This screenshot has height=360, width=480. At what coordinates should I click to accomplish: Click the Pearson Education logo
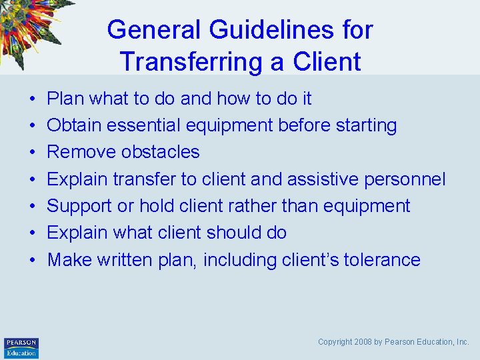(x=21, y=347)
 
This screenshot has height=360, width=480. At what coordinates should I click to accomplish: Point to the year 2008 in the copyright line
(x=363, y=342)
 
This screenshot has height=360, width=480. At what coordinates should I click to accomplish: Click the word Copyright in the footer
(x=335, y=342)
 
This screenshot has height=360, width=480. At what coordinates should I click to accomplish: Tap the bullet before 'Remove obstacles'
(x=31, y=153)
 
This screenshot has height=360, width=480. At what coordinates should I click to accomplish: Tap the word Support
(x=80, y=206)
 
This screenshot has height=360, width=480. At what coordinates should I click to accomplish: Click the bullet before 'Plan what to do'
(x=31, y=99)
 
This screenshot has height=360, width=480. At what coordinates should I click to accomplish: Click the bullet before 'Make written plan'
(x=31, y=260)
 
